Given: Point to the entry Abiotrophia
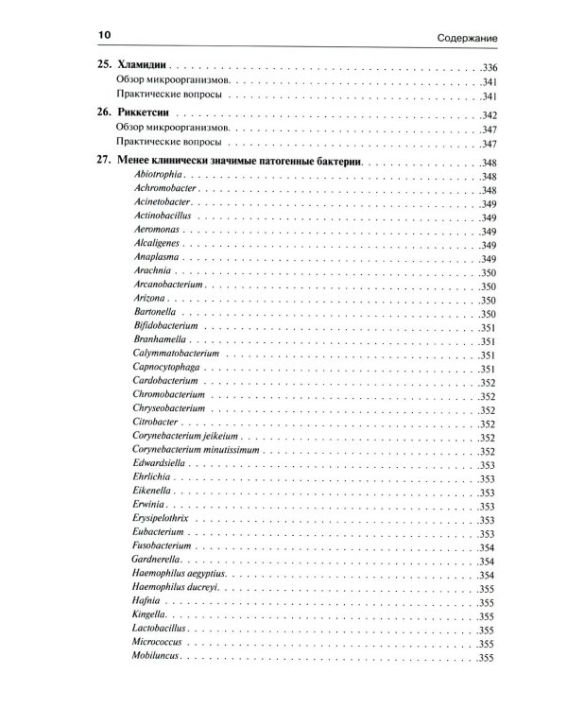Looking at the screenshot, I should coord(157,177).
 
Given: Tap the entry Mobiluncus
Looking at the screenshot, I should coord(156,656).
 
